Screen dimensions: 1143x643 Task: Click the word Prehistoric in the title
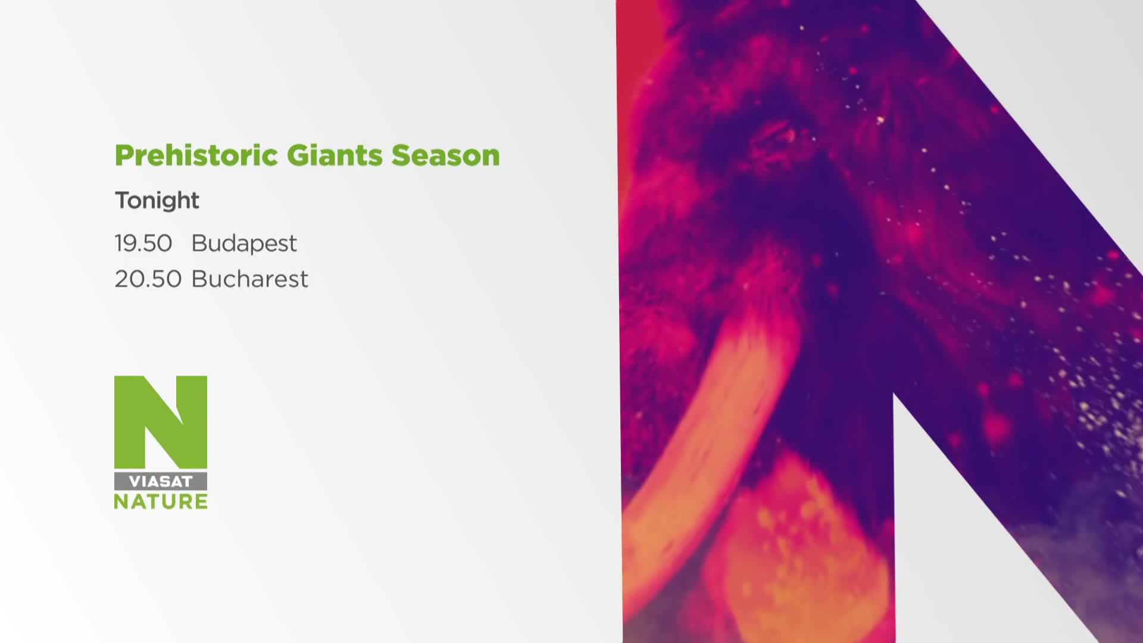[196, 155]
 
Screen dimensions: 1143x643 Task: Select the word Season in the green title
[445, 156]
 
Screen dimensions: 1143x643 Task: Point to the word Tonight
[157, 201]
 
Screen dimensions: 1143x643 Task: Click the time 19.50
[143, 244]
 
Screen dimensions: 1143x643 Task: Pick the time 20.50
[148, 279]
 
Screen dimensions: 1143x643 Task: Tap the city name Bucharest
[250, 279]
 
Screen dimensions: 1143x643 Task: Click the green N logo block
[161, 422]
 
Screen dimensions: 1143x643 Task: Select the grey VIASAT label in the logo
[161, 482]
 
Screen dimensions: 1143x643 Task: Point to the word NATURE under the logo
[161, 501]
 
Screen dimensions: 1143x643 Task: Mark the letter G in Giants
[297, 156]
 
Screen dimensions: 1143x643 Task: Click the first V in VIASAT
[135, 482]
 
